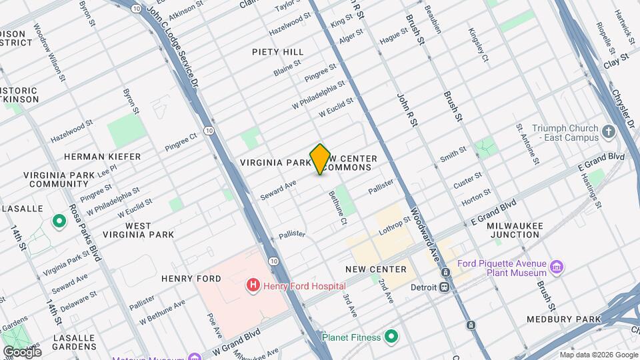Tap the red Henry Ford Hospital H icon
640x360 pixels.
pos(253,285)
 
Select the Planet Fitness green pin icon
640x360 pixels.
pos(391,337)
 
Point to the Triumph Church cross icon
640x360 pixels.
pos(608,132)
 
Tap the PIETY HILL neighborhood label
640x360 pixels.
pos(278,52)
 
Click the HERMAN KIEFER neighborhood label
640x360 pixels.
pos(102,157)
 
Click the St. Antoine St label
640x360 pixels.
pos(527,143)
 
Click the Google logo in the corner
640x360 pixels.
pos(22,351)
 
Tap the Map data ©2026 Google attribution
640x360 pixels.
pos(598,355)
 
